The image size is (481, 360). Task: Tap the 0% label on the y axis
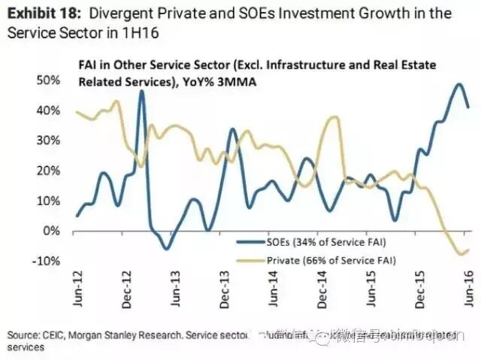pos(53,231)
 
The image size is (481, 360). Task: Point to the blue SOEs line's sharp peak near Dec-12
pos(141,91)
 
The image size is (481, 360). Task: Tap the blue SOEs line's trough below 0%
pos(166,248)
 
